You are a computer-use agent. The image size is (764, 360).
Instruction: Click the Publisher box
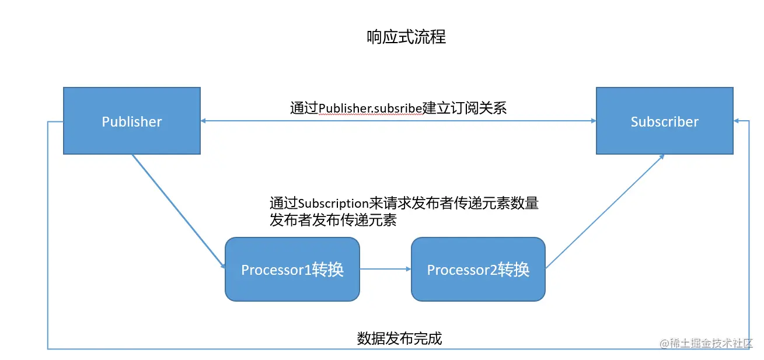click(131, 121)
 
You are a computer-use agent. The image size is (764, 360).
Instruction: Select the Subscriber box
click(664, 121)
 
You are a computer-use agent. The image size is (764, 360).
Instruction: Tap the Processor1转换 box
click(292, 269)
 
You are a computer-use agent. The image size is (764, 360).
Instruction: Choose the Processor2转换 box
click(478, 269)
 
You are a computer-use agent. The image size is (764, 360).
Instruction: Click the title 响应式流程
click(406, 37)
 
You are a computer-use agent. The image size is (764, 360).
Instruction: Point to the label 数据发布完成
click(399, 338)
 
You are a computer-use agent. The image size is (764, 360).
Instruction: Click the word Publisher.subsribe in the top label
click(370, 108)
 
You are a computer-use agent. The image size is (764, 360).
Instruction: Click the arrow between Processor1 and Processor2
click(385, 269)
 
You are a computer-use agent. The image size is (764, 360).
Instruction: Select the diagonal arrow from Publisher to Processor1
click(177, 210)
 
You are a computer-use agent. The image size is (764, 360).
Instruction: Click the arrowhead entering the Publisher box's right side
click(204, 121)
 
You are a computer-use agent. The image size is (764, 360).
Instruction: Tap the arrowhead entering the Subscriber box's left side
click(592, 121)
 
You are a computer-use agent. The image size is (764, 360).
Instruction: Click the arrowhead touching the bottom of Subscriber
click(662, 156)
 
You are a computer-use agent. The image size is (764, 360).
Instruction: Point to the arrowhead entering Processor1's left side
click(222, 267)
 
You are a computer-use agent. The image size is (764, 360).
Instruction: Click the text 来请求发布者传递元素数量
click(453, 203)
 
